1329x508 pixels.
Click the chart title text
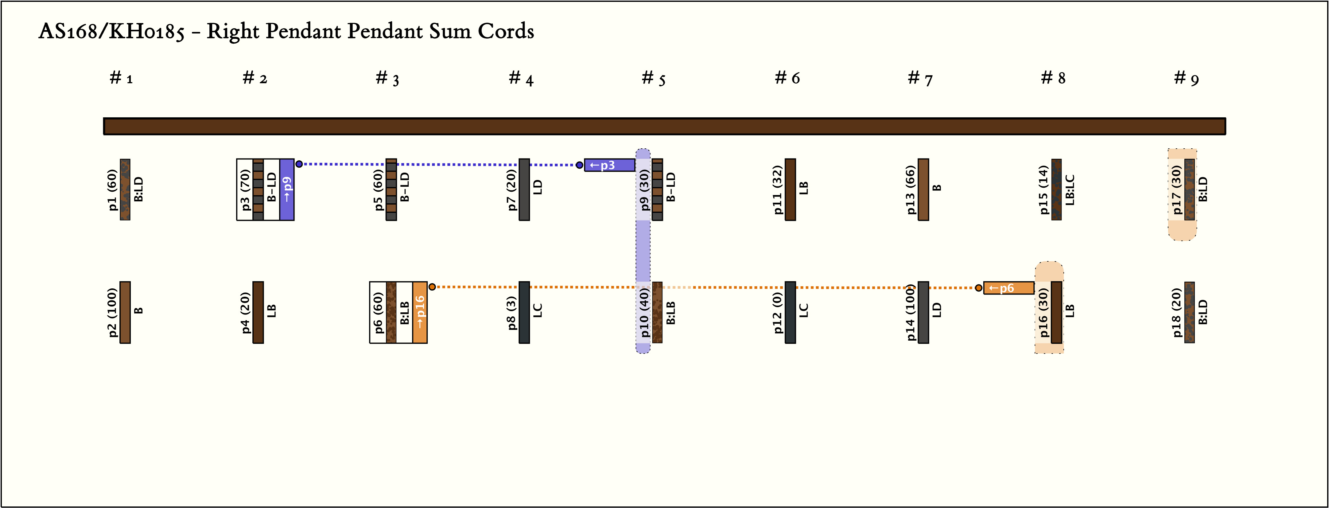tap(286, 31)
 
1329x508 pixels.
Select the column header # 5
tap(653, 78)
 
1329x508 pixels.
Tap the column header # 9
tap(1186, 78)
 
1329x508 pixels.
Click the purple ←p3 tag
tap(609, 165)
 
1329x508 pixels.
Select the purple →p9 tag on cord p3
tap(287, 190)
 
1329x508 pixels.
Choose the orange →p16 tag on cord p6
tap(420, 312)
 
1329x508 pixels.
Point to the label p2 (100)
tap(112, 312)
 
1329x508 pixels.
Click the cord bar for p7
tap(524, 190)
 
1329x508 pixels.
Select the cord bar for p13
tap(923, 190)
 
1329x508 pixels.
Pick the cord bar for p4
tap(258, 312)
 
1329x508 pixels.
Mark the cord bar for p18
tap(1190, 312)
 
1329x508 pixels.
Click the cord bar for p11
tap(791, 190)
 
